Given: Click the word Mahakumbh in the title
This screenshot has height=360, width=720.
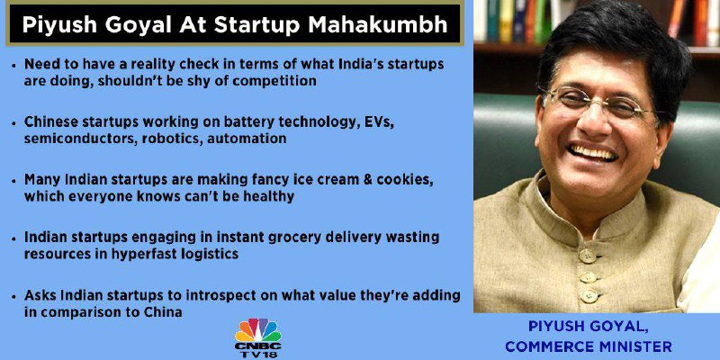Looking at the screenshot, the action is pos(378,25).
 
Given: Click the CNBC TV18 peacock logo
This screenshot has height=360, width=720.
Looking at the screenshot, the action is pos(258,338).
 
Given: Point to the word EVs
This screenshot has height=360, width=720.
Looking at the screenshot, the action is pos(378,122).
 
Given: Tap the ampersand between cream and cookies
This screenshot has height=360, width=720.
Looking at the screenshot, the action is pos(366,180).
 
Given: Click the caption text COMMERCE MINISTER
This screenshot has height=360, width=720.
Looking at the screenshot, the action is pos(589,346).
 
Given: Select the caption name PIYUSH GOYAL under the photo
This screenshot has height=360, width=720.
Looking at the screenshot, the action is pos(589,327).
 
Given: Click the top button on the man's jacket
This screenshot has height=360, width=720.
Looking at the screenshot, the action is pos(587,256).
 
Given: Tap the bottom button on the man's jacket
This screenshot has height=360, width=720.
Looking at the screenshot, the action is pos(589,295).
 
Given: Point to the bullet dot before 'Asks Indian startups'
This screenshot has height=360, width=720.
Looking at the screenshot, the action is pos(13,296).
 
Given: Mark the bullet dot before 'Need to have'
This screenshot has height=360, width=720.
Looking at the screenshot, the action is pos(13,65).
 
